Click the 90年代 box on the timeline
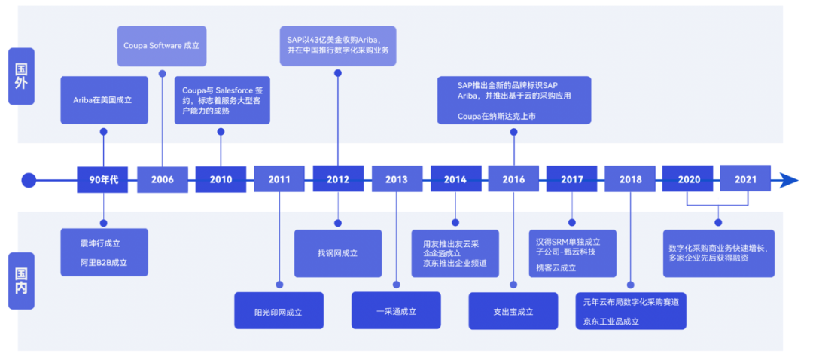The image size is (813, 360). [103, 179]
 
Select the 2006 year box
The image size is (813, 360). [162, 179]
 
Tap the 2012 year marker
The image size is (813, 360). [338, 179]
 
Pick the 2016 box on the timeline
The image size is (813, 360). [513, 179]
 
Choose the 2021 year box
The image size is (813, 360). [746, 179]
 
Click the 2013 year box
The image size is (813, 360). [396, 179]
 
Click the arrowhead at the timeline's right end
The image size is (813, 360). [788, 180]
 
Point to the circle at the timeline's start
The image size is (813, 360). [29, 180]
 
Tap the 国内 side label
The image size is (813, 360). [21, 280]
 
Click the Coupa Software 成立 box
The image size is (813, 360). [162, 45]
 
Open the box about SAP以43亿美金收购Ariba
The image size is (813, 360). [338, 44]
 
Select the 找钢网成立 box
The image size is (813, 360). [338, 254]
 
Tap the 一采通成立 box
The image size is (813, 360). [396, 311]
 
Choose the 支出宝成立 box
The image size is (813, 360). [513, 311]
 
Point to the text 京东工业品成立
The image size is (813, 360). [611, 321]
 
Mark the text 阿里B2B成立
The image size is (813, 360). [103, 263]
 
